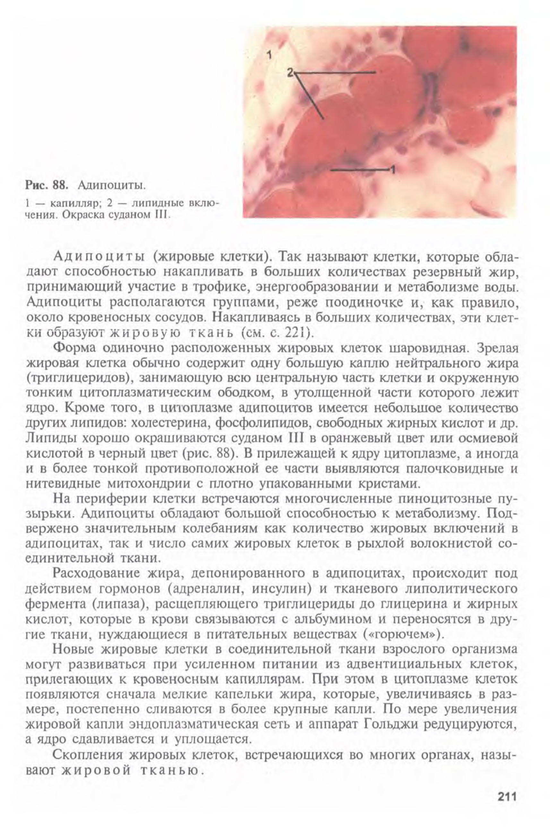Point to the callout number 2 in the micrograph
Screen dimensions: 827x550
(x=290, y=73)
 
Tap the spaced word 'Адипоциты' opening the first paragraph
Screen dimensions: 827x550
(x=99, y=257)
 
